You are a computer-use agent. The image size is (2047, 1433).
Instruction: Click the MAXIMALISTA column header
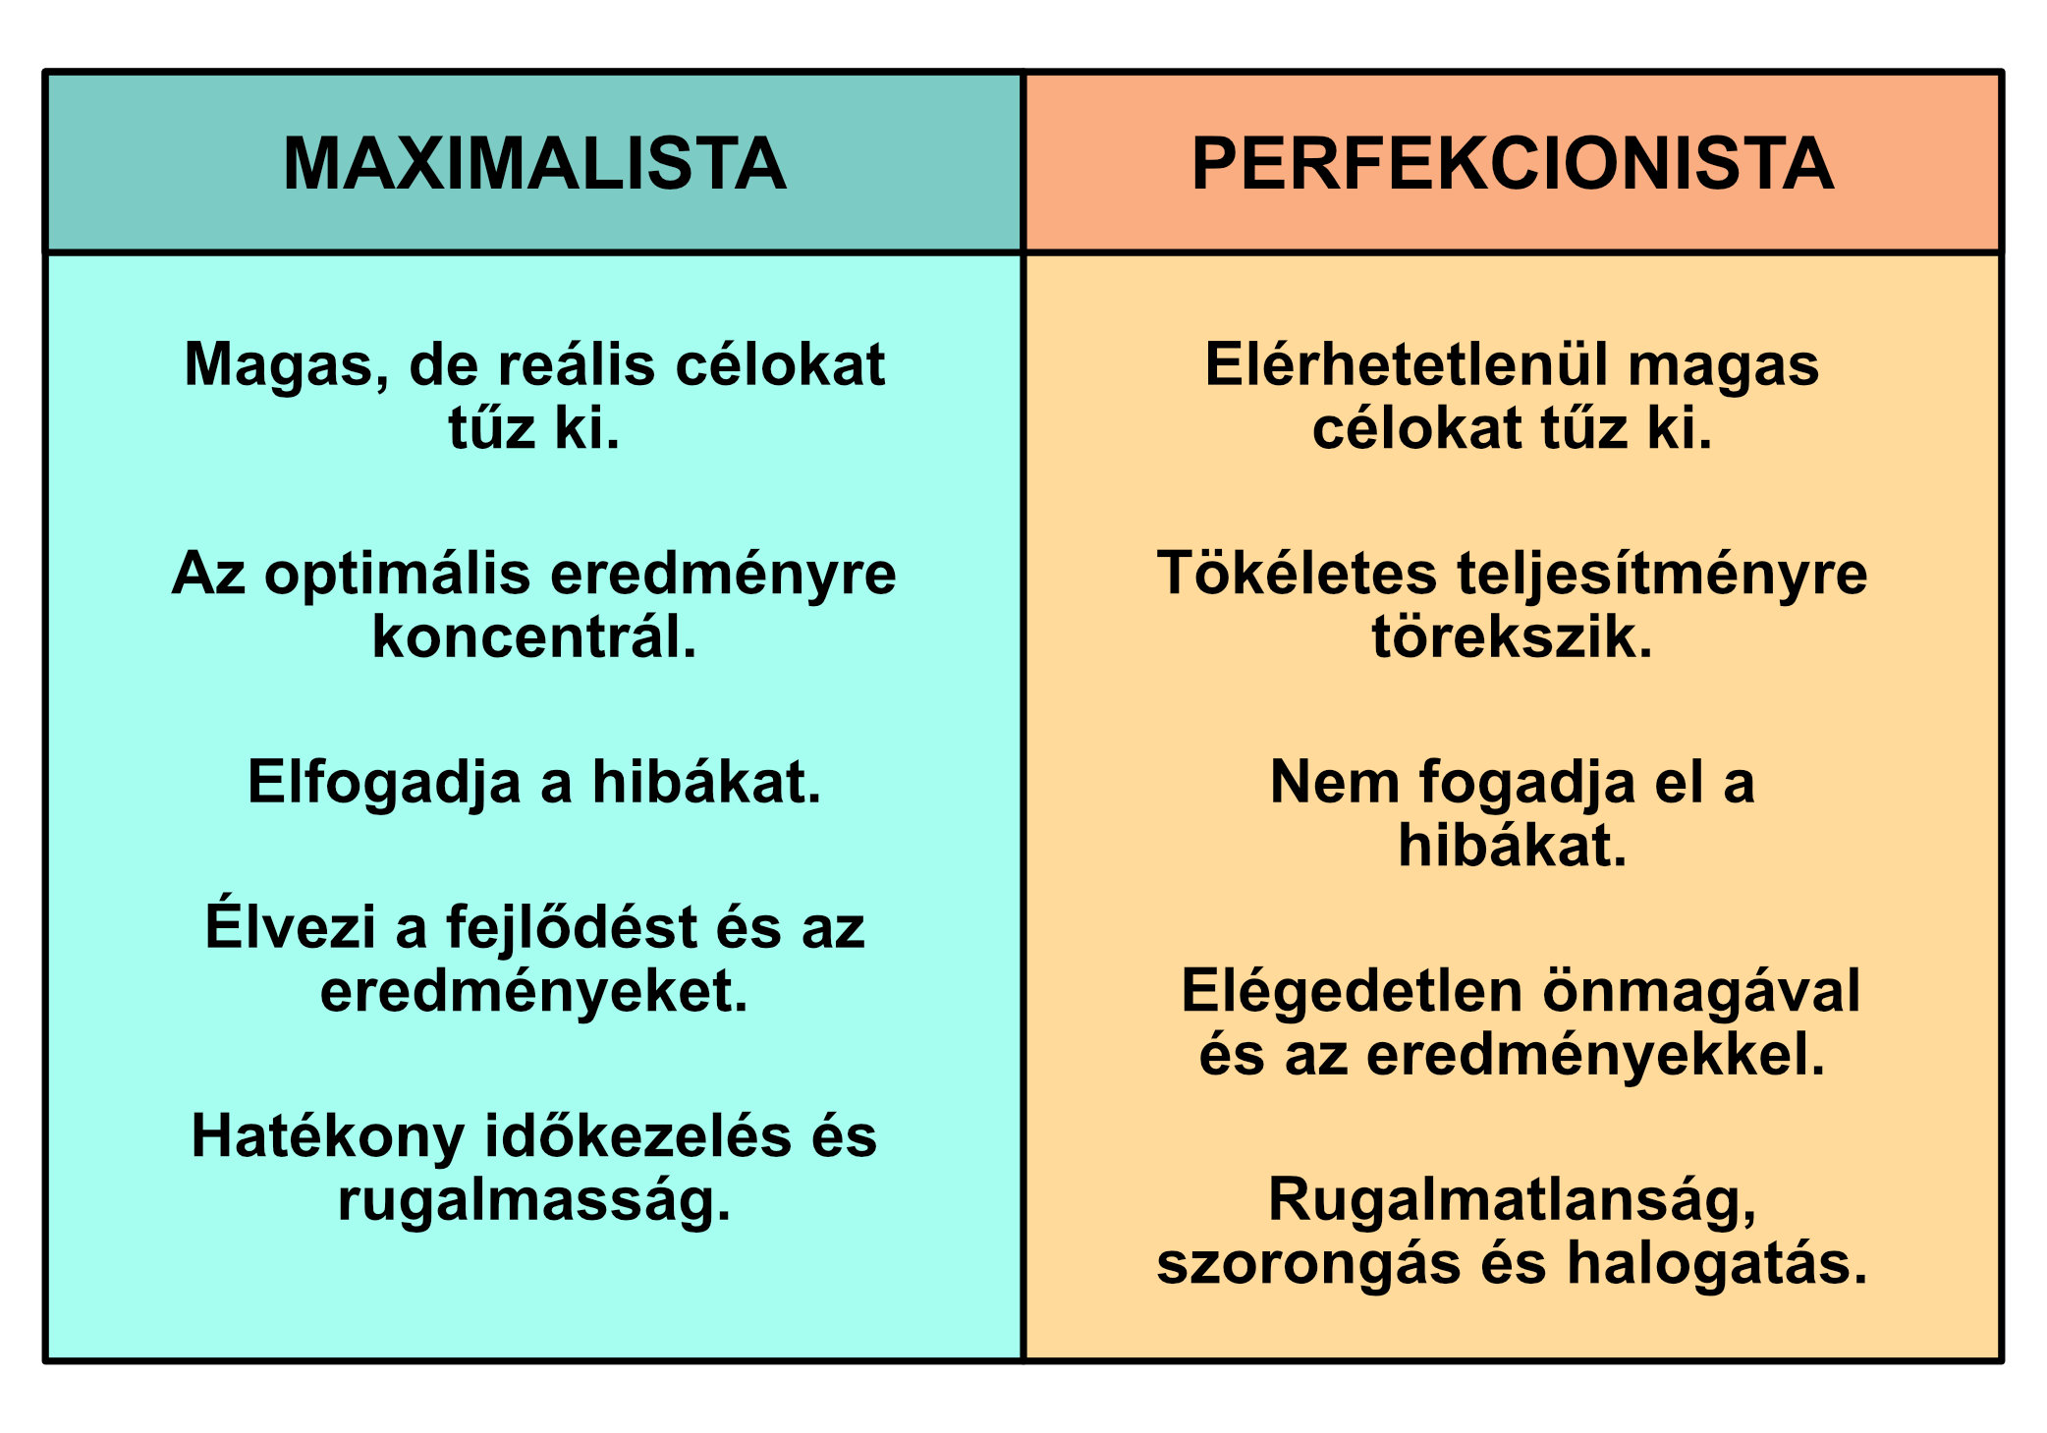tap(534, 163)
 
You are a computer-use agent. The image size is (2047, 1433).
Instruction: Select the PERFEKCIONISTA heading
tap(1513, 163)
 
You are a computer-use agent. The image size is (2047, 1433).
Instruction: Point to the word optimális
tap(397, 575)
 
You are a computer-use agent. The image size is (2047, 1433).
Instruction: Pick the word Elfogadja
tap(384, 783)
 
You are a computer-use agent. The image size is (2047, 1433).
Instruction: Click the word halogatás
tap(1717, 1264)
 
